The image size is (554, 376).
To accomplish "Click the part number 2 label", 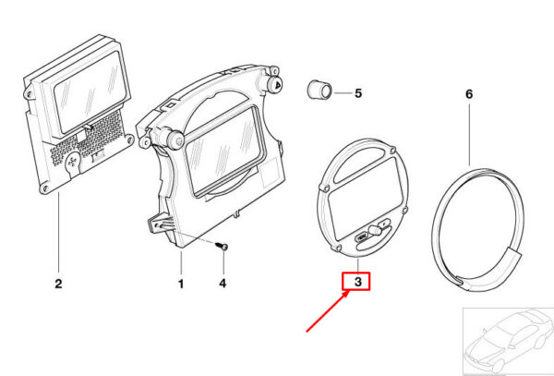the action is click(x=59, y=284).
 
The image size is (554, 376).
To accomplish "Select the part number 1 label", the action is click(x=181, y=284).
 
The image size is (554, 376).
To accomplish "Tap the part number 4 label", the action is click(x=223, y=284).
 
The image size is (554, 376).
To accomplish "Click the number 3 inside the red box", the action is click(x=358, y=282).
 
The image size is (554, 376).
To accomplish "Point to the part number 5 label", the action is click(x=358, y=93).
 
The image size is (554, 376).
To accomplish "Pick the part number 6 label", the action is click(x=469, y=94).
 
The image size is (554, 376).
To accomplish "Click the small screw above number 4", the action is click(x=222, y=246).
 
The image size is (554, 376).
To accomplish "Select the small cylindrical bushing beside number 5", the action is click(x=319, y=91).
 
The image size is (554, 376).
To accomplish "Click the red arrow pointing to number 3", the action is click(x=328, y=310).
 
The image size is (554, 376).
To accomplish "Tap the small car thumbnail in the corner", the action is click(x=509, y=342).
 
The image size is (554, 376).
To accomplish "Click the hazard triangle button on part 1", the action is click(x=276, y=84).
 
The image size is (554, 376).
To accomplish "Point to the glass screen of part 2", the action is click(x=91, y=91).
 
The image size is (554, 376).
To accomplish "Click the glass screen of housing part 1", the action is click(x=222, y=152).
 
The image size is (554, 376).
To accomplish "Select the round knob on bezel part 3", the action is click(x=374, y=230).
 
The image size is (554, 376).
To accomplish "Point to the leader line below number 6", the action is click(x=469, y=135).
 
